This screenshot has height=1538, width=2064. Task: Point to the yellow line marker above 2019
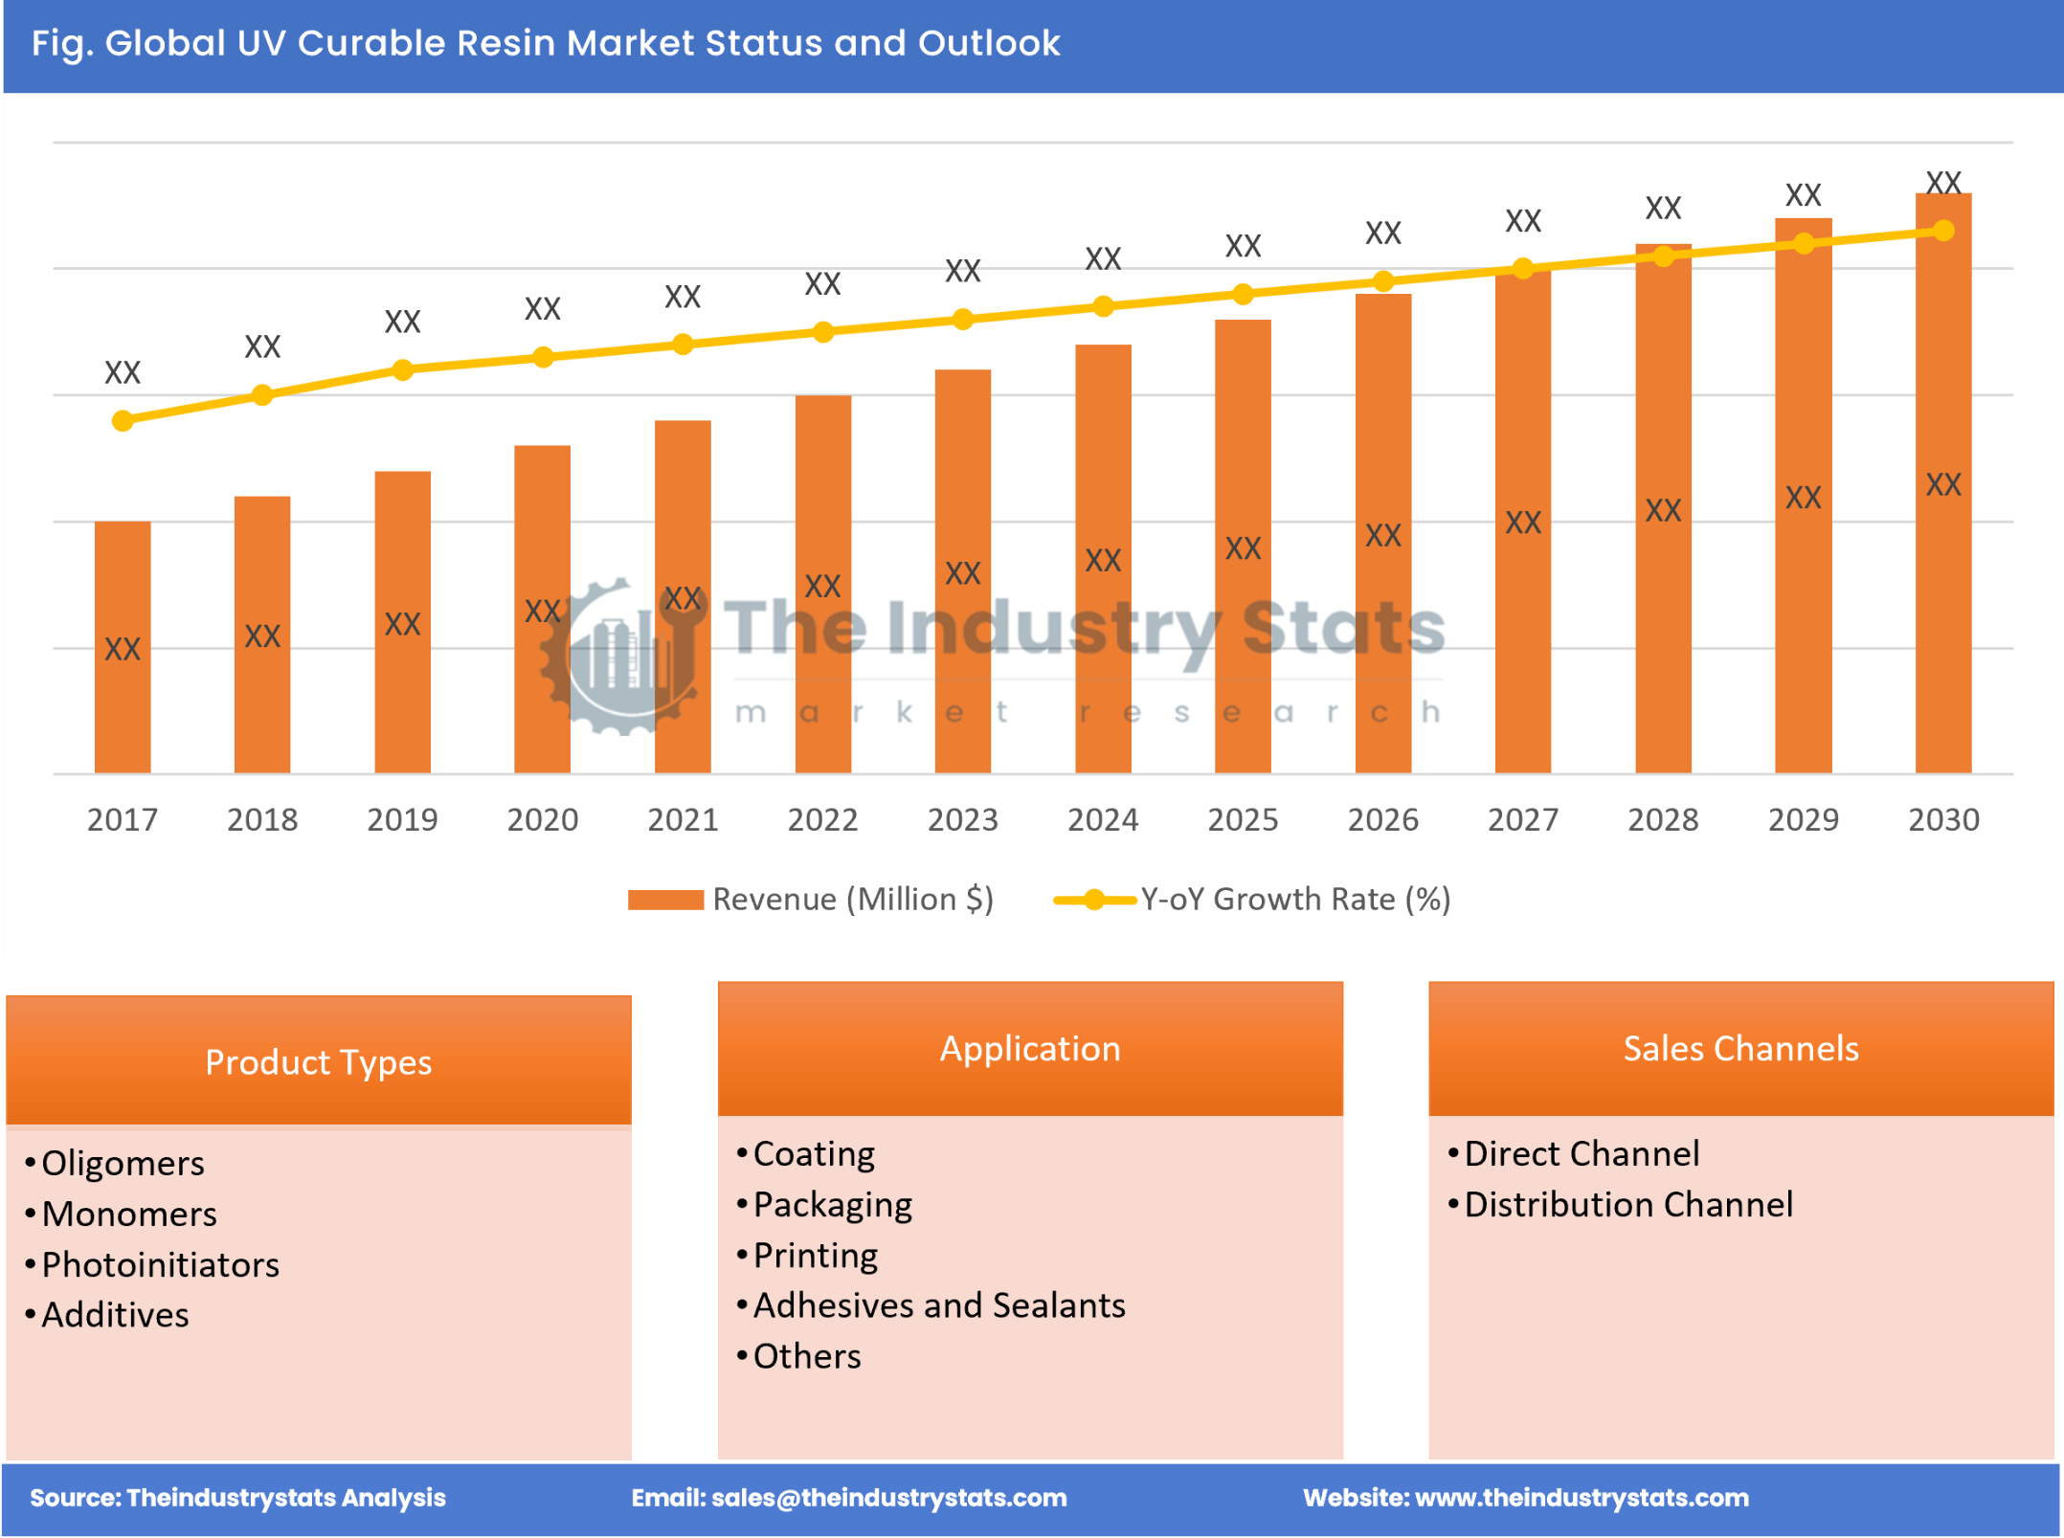[x=403, y=369]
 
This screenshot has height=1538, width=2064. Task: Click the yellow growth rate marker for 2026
[x=1382, y=280]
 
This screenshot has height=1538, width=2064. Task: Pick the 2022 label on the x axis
[x=822, y=819]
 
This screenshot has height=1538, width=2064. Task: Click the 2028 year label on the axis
[x=1663, y=819]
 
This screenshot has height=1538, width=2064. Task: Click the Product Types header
[x=318, y=1061]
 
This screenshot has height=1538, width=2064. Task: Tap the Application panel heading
[x=1029, y=1048]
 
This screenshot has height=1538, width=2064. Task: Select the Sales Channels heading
[x=1740, y=1048]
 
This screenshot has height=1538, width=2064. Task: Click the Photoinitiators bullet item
[x=160, y=1264]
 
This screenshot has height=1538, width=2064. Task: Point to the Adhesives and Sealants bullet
[x=938, y=1305]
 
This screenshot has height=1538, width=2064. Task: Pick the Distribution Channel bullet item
[x=1627, y=1204]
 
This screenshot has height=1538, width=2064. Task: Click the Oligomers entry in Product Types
[x=123, y=1163]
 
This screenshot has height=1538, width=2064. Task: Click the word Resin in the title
[x=505, y=43]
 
